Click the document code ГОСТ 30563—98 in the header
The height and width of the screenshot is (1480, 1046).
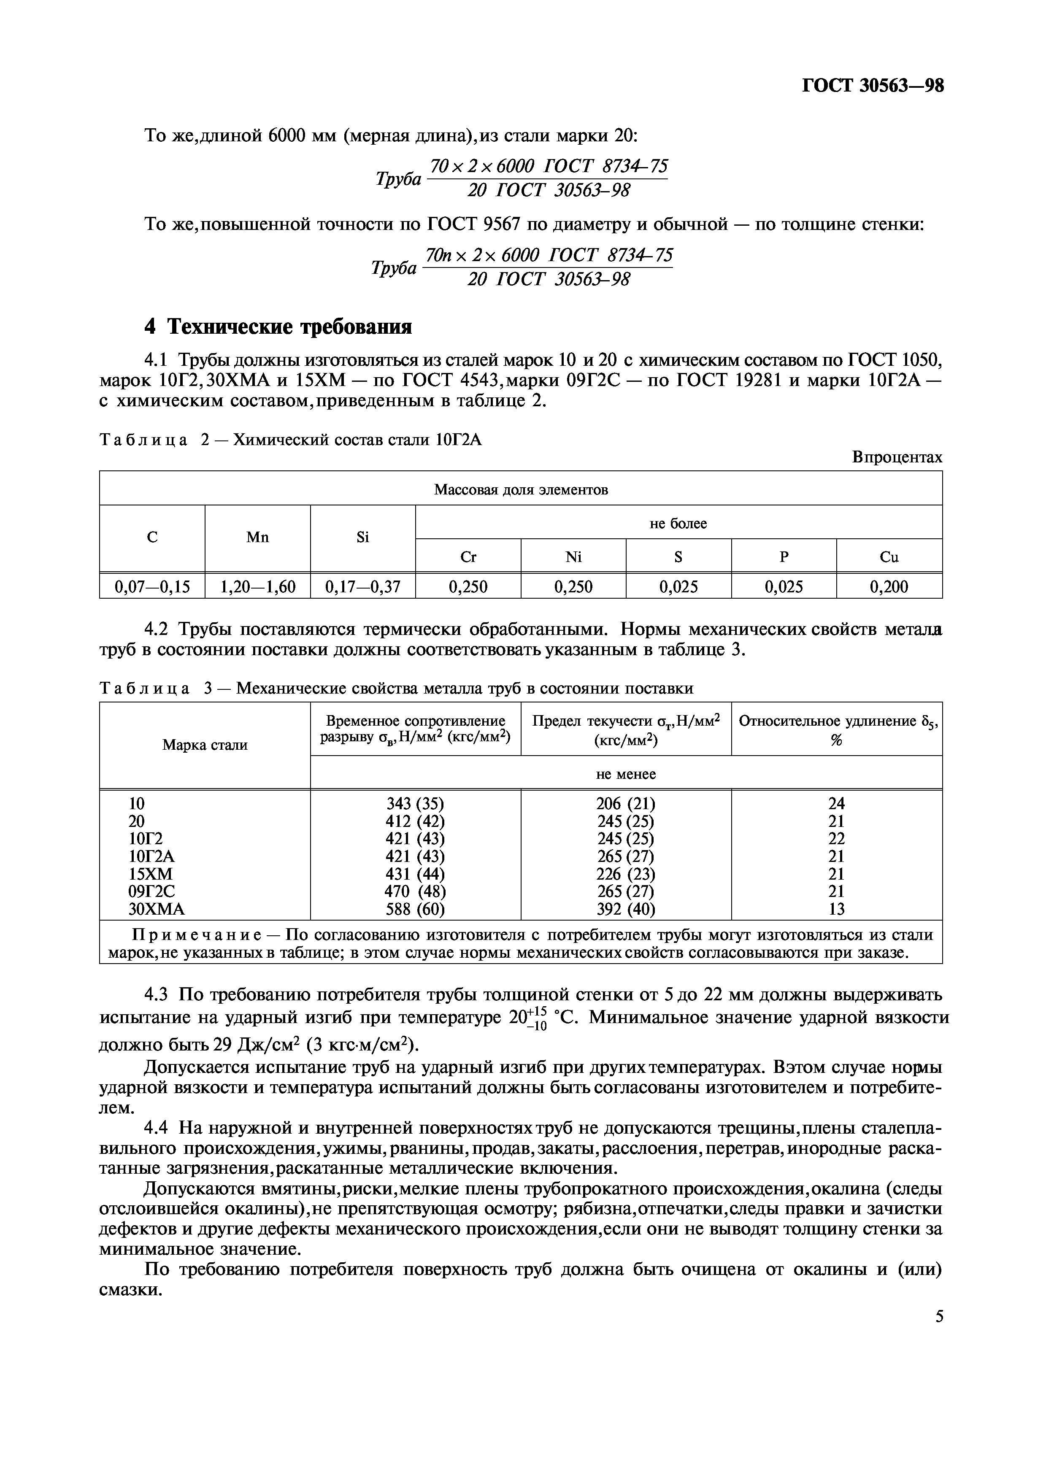872,86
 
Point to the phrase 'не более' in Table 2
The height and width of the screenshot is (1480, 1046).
678,524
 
